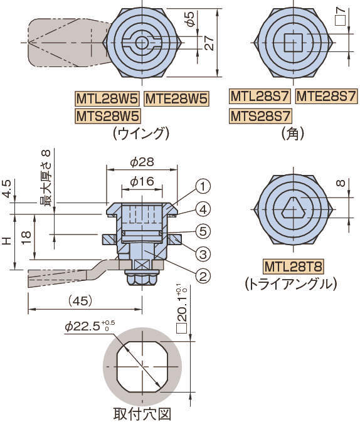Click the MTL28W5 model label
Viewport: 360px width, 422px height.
(x=107, y=98)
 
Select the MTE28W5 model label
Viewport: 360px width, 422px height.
(x=177, y=98)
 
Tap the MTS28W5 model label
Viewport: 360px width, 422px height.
(x=108, y=116)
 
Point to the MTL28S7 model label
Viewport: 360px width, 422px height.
(x=260, y=96)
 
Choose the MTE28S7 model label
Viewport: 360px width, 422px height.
(x=327, y=96)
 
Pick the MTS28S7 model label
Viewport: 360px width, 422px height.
(x=260, y=116)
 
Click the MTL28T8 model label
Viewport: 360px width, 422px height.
(x=293, y=266)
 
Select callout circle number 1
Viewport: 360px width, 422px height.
(x=203, y=186)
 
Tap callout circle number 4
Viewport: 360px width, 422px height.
(x=203, y=209)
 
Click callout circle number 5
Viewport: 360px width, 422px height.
(x=203, y=231)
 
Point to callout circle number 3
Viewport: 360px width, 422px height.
(x=203, y=254)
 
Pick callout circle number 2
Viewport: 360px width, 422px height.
(x=203, y=276)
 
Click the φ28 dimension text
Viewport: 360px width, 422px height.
(x=142, y=162)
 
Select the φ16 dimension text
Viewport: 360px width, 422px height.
(x=142, y=182)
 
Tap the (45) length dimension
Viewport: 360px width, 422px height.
(x=80, y=301)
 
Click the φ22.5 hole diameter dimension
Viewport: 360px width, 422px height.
(x=90, y=326)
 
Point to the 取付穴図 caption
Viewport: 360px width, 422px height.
(x=142, y=414)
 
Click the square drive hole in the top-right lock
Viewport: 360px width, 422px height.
(x=294, y=43)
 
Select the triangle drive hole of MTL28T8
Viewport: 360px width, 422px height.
(x=294, y=208)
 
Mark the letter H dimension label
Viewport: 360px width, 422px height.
(x=8, y=240)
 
